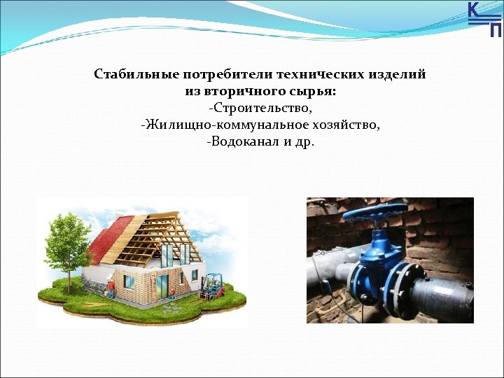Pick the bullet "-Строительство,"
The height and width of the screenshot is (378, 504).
(260, 108)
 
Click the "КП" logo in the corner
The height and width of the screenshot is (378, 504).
(484, 19)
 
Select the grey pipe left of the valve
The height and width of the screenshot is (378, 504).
(329, 269)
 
